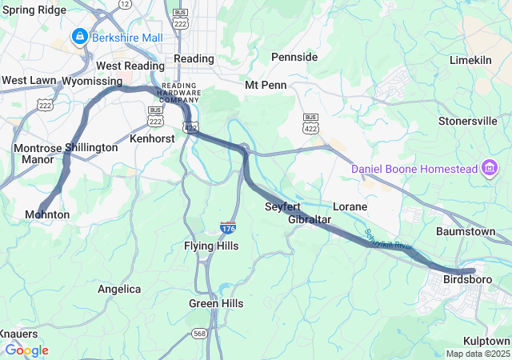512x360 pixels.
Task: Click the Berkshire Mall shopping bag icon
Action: [80, 36]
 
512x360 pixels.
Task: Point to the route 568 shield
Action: [199, 333]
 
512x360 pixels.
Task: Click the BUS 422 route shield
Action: [311, 123]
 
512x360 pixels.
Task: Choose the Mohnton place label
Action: [47, 215]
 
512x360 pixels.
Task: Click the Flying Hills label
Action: [211, 246]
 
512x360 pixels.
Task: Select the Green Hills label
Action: [216, 304]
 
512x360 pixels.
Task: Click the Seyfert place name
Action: [282, 206]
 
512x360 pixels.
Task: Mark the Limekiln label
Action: [475, 60]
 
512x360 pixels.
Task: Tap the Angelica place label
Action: [119, 289]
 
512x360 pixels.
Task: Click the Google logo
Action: [26, 350]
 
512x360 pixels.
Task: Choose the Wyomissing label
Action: [92, 81]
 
